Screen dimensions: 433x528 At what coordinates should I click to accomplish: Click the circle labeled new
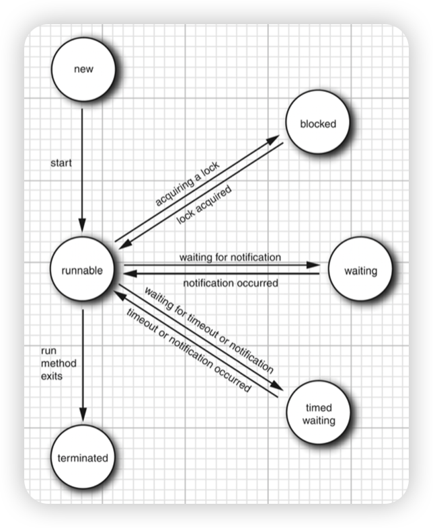(83, 69)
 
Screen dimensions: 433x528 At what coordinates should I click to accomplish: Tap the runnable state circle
(83, 271)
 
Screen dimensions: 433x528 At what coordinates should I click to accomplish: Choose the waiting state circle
(360, 271)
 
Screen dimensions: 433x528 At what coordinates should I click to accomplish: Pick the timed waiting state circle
(318, 414)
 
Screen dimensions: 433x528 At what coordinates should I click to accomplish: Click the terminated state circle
(83, 458)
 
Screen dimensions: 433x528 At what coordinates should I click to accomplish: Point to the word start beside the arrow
(61, 163)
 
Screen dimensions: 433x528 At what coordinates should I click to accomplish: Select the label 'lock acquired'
(204, 205)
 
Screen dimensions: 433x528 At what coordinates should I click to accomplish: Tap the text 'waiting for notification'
(230, 257)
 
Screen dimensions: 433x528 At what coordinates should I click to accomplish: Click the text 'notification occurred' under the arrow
(230, 283)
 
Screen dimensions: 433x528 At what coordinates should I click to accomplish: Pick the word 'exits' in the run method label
(52, 376)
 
